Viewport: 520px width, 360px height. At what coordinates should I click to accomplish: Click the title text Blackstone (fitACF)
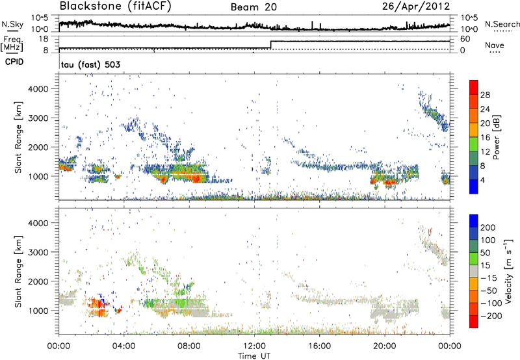[x=103, y=7]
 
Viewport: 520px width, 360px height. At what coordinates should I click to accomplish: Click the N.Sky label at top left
[x=10, y=24]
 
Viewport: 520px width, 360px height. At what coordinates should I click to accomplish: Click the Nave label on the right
[x=494, y=46]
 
